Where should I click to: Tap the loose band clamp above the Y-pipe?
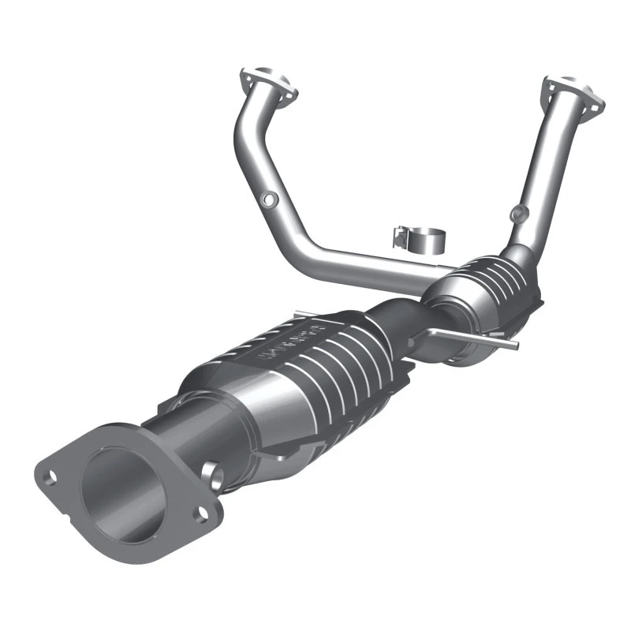(419, 237)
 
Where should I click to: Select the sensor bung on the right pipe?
(517, 211)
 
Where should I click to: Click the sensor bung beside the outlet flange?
(212, 473)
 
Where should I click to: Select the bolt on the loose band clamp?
(399, 234)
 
